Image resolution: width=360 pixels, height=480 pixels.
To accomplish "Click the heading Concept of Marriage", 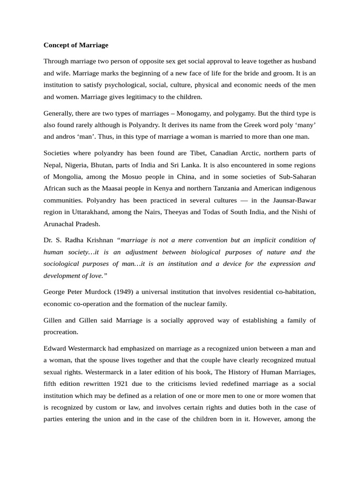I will (x=75, y=45).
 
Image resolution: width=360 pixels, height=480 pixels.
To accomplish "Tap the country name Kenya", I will (x=177, y=188).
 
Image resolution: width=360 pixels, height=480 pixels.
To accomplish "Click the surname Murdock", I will (x=100, y=292).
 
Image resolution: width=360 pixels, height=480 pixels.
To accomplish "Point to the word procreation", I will (x=60, y=331).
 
